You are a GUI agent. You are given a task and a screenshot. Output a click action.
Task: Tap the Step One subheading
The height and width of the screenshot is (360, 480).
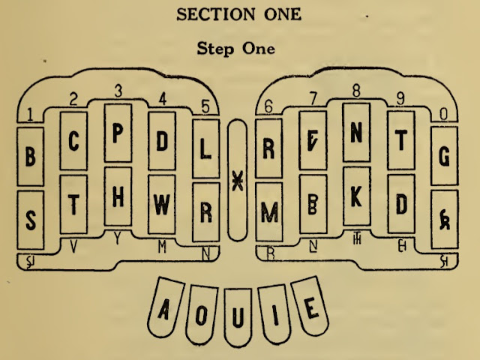(235, 49)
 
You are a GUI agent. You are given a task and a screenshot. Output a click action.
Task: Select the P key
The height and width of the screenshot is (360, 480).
(118, 133)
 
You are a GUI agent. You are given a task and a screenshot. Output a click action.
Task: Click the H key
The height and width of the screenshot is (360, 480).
(118, 196)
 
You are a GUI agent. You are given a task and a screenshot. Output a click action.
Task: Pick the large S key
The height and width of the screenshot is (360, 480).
(30, 220)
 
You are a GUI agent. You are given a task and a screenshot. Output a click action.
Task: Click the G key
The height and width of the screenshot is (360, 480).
(444, 157)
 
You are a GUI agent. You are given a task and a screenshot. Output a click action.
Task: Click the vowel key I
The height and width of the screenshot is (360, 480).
(276, 312)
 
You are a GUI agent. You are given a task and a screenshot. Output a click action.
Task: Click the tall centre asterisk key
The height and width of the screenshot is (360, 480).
(237, 180)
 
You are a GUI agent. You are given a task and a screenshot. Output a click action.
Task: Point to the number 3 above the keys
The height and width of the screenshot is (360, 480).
(118, 91)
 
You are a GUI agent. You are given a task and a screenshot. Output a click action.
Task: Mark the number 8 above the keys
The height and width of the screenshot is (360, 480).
(356, 91)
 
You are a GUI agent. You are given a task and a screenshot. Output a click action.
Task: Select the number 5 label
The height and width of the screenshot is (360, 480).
(205, 106)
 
